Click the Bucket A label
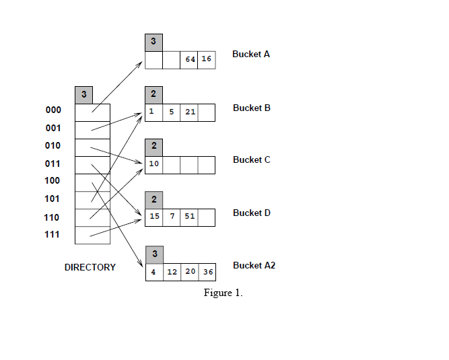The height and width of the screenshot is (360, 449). [x=251, y=54]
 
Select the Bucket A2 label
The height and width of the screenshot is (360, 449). [x=254, y=265]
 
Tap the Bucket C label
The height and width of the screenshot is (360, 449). [x=252, y=159]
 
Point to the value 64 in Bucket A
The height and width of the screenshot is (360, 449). [x=190, y=60]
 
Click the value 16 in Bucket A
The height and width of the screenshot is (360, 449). [x=207, y=60]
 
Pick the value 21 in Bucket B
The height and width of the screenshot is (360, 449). [x=190, y=112]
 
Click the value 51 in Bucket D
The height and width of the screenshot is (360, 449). [x=190, y=217]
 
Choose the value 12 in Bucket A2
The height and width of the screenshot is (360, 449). [x=172, y=272]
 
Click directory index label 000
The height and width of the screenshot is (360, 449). [x=53, y=110]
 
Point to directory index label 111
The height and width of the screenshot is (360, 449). [x=53, y=235]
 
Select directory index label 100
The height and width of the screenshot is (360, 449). [x=53, y=180]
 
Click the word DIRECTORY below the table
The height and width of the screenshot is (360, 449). [x=90, y=267]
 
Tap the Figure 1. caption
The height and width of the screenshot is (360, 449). [x=223, y=293]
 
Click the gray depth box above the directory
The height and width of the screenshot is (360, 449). [x=83, y=95]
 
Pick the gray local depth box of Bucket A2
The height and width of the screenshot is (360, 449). [x=153, y=254]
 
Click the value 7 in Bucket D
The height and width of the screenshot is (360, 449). [x=172, y=217]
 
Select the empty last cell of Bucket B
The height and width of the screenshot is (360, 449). [x=207, y=112]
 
